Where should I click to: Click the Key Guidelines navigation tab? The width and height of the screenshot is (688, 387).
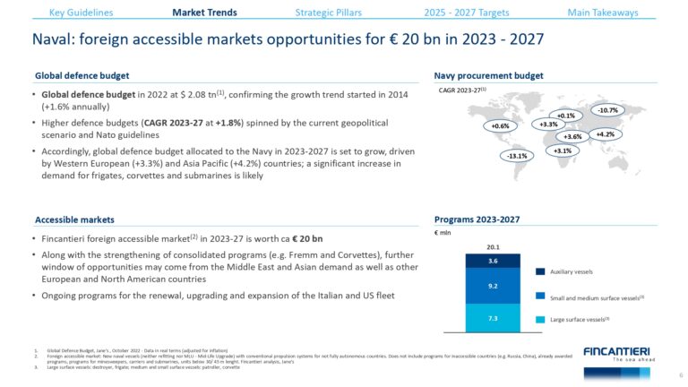pos(81,13)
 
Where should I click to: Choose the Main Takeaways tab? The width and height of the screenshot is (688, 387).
pos(602,13)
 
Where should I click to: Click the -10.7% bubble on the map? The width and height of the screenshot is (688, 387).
pos(607,110)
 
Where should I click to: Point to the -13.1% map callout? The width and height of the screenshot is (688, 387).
pos(516,156)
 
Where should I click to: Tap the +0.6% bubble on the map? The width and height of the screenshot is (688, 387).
pos(500,126)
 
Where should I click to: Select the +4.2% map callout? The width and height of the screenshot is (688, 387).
pos(605,134)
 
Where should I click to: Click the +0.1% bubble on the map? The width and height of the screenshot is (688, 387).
pos(565,116)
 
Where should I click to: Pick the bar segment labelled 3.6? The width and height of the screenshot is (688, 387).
pos(493,262)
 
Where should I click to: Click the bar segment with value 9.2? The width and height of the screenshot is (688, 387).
pos(493,287)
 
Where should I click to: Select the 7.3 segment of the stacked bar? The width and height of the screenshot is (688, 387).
pos(493,318)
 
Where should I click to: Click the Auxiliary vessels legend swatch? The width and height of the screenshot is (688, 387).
pos(541,271)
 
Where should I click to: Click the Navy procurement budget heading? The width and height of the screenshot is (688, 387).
pos(488,75)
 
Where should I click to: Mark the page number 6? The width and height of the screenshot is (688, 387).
pos(681,375)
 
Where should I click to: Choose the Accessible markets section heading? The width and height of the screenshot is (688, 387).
pos(74,219)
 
